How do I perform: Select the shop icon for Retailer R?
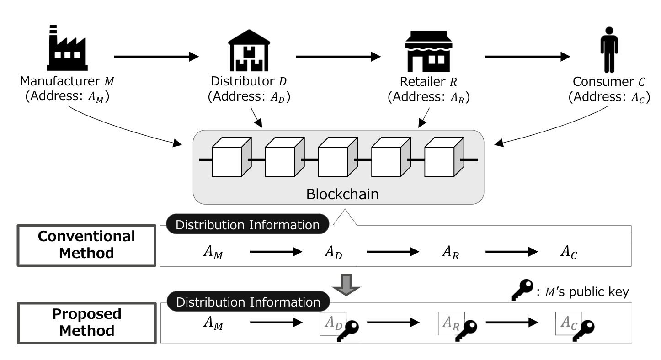pos(428,52)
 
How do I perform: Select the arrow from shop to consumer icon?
pos(528,57)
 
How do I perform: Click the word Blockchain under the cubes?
pos(342,194)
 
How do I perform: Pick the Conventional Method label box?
pos(86,244)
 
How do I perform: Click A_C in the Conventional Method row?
pos(569,252)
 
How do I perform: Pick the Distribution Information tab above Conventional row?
pos(247,225)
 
